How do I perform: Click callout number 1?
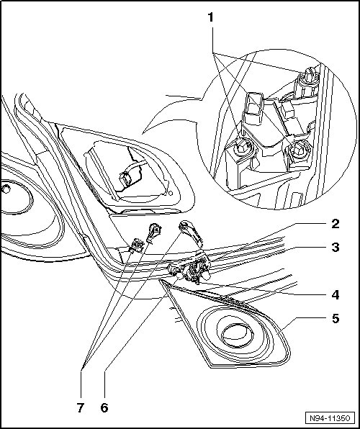pyautogui.click(x=210, y=17)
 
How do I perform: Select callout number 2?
pyautogui.click(x=335, y=224)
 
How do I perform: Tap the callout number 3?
pyautogui.click(x=335, y=247)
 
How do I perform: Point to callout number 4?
pyautogui.click(x=335, y=295)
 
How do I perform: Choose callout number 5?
pyautogui.click(x=336, y=318)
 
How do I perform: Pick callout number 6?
pyautogui.click(x=104, y=407)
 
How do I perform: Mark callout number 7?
pyautogui.click(x=80, y=407)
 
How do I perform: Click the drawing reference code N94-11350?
pyautogui.click(x=330, y=418)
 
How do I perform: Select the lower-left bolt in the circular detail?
pyautogui.click(x=242, y=147)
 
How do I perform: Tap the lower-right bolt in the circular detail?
pyautogui.click(x=298, y=150)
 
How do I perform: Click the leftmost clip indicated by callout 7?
pyautogui.click(x=136, y=244)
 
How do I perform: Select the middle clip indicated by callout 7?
pyautogui.click(x=154, y=232)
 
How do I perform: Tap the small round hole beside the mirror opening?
pyautogui.click(x=171, y=194)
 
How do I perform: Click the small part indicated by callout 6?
pyautogui.click(x=175, y=271)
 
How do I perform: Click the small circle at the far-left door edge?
pyautogui.click(x=5, y=189)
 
